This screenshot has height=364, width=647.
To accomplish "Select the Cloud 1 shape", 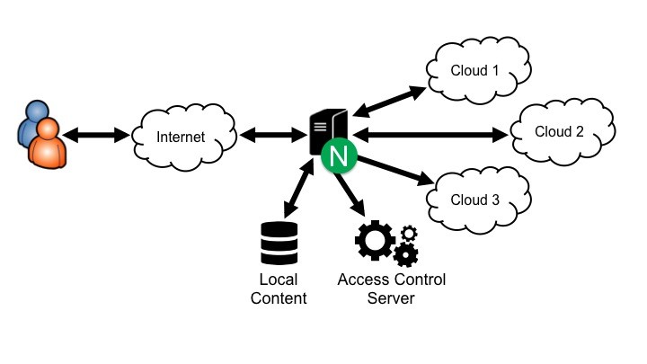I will (x=475, y=69).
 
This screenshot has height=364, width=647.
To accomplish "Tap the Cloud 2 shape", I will (x=559, y=131).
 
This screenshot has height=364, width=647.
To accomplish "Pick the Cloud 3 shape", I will (x=474, y=200).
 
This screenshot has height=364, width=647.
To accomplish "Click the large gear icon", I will (x=375, y=240).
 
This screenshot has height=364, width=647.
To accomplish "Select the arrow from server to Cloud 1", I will (x=388, y=100).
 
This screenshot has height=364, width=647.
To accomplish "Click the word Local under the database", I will (x=278, y=280).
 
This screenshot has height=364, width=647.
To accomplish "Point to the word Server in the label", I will (x=391, y=298).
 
